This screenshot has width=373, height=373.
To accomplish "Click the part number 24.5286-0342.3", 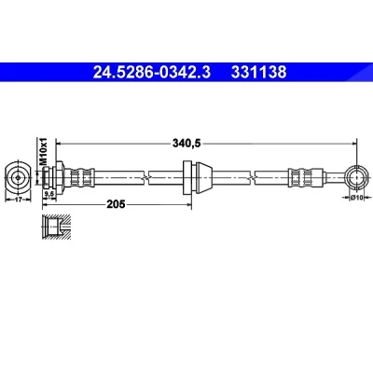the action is pyautogui.click(x=152, y=72).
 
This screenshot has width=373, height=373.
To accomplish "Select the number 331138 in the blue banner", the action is pyautogui.click(x=258, y=72).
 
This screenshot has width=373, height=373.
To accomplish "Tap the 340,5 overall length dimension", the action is pyautogui.click(x=187, y=144).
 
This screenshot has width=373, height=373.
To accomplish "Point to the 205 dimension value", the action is pyautogui.click(x=116, y=204).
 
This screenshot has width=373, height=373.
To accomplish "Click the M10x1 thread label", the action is pyautogui.click(x=43, y=151).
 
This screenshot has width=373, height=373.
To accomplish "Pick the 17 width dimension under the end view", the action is pyautogui.click(x=19, y=200).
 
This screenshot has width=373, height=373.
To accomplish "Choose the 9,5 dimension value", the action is pyautogui.click(x=49, y=194).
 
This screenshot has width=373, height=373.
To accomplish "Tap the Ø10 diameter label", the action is pyautogui.click(x=357, y=197).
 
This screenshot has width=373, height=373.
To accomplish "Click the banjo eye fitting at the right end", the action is pyautogui.click(x=356, y=178).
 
